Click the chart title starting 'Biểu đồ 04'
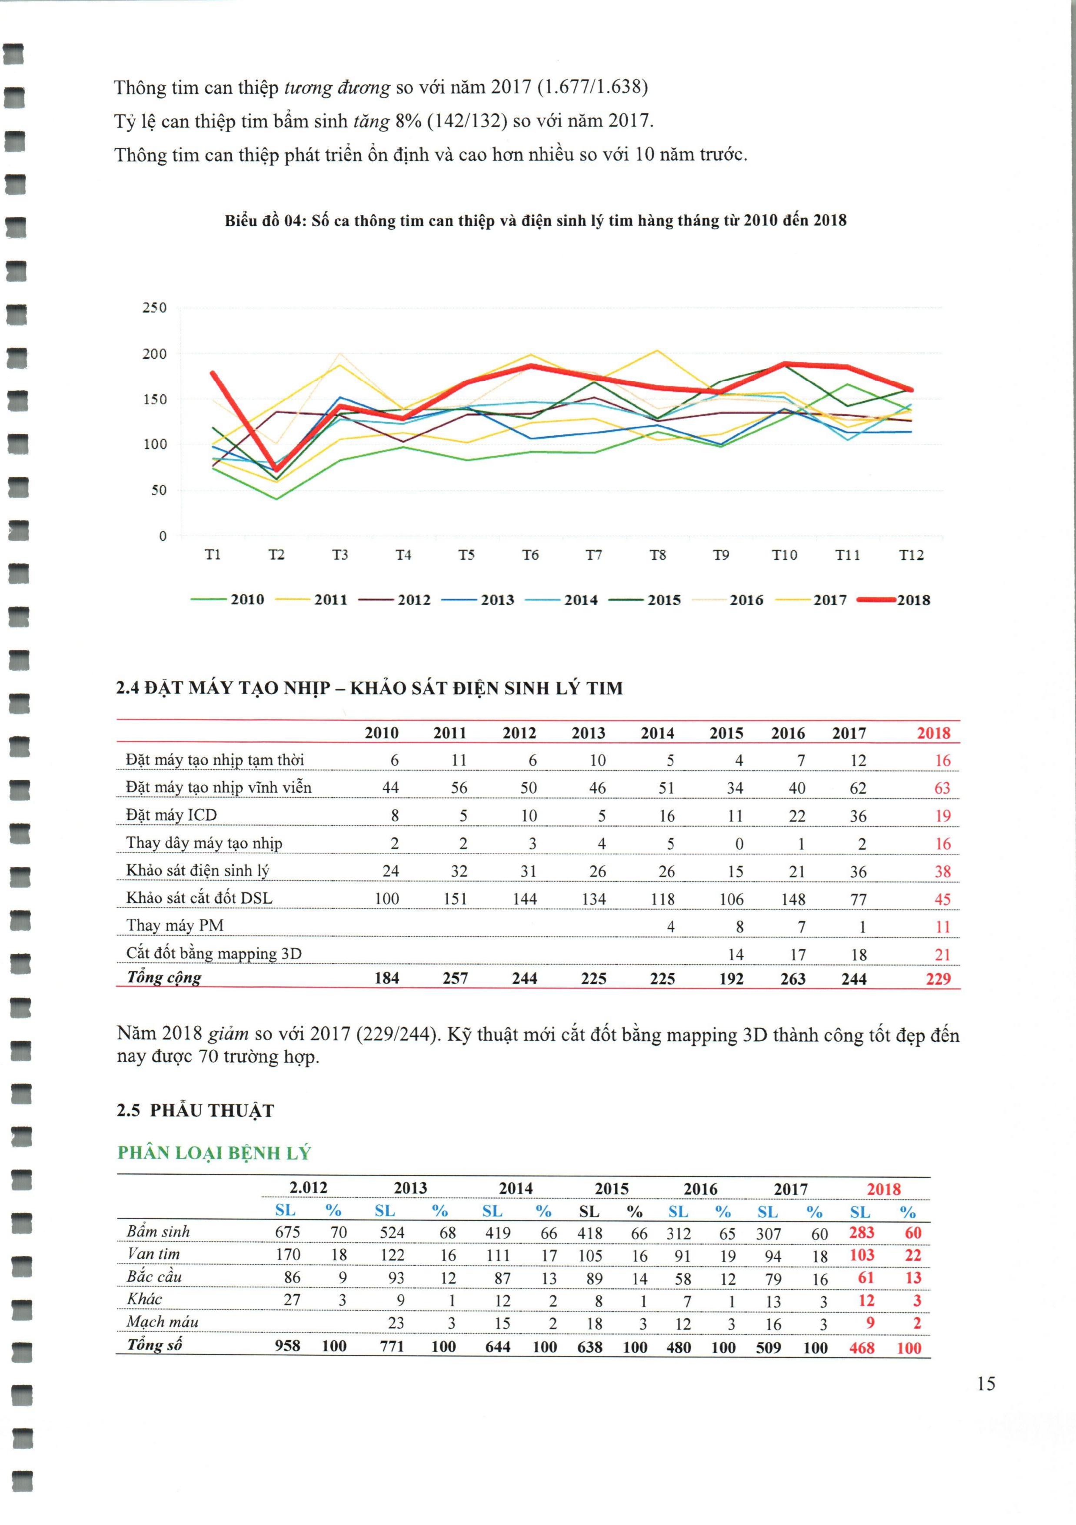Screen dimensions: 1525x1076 pos(535,221)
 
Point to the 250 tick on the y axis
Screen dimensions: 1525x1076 pos(154,308)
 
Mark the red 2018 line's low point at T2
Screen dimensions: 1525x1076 pos(276,469)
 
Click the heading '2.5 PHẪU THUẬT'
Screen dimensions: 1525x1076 pos(195,1110)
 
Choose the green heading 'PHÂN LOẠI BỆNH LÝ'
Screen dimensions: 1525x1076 pos(214,1153)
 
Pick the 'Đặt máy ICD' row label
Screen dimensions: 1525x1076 pos(171,815)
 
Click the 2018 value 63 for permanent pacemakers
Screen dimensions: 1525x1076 pos(942,788)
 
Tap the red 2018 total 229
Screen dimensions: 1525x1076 pos(938,979)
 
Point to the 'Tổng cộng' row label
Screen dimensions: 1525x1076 pos(163,978)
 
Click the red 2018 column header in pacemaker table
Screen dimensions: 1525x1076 pos(933,733)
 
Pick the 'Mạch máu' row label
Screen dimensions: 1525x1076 pos(162,1322)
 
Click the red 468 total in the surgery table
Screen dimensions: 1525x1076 pos(862,1347)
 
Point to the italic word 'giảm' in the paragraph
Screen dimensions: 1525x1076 pos(228,1033)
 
